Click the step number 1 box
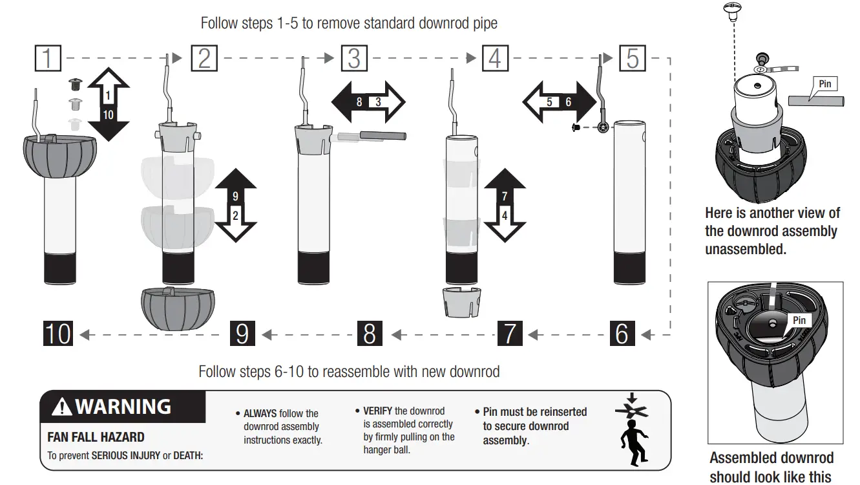tap(47, 58)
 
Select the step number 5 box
tap(632, 58)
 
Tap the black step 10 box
tap(58, 334)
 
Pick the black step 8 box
tap(370, 334)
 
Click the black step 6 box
tap(622, 334)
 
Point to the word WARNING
tap(123, 407)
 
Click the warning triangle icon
tap(62, 407)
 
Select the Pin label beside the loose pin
tap(824, 83)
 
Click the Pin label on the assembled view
tap(799, 320)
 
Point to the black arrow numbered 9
tap(235, 187)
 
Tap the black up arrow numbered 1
tap(108, 88)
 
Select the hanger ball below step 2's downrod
tap(178, 308)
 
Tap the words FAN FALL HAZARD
tap(96, 438)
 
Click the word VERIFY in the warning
tap(378, 411)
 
